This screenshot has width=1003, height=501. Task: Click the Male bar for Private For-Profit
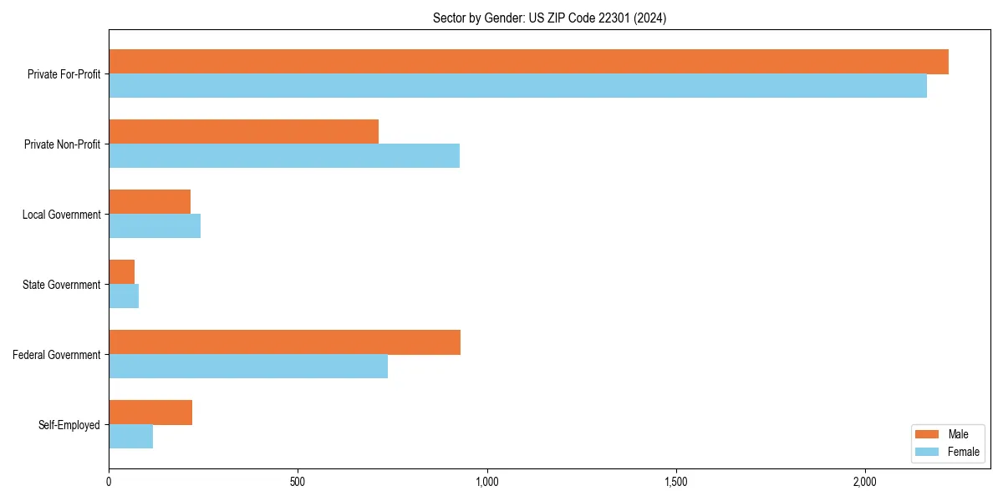[528, 62]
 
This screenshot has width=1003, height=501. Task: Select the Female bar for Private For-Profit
[517, 86]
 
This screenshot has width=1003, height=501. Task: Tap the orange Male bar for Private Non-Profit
[243, 132]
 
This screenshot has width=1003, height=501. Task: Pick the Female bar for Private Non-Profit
[284, 156]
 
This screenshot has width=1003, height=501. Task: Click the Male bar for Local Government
[150, 202]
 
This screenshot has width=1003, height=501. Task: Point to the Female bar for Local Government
[155, 226]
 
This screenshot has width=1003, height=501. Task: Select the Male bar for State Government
[122, 272]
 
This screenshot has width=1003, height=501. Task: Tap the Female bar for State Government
[124, 296]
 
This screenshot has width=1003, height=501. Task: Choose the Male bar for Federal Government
[284, 342]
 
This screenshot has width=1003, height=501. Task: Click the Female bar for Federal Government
[248, 367]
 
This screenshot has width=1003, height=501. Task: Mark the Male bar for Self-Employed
[150, 412]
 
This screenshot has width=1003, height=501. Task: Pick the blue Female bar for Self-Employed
[131, 437]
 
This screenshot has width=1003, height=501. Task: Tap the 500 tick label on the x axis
[298, 482]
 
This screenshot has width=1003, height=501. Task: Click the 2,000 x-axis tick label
[864, 482]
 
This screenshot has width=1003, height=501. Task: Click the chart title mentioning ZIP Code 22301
[549, 18]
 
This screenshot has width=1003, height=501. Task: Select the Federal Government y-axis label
[57, 355]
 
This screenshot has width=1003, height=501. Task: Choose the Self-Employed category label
[69, 425]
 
